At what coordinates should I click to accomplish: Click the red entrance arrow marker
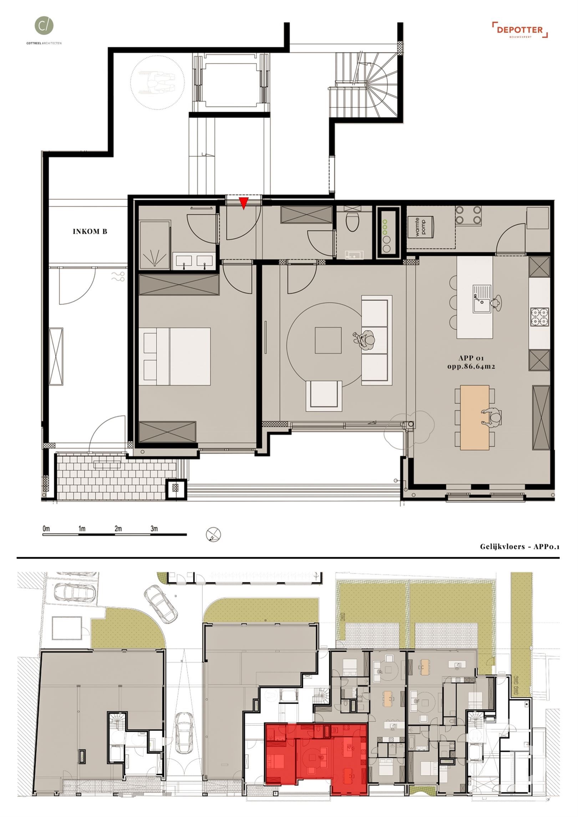pyautogui.click(x=243, y=203)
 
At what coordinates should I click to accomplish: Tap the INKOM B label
pyautogui.click(x=90, y=232)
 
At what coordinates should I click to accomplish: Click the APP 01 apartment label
pyautogui.click(x=471, y=358)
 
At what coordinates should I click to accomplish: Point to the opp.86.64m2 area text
pyautogui.click(x=471, y=366)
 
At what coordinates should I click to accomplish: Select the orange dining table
pyautogui.click(x=475, y=417)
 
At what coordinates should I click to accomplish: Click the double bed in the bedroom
pyautogui.click(x=178, y=356)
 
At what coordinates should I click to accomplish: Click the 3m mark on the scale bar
pyautogui.click(x=154, y=528)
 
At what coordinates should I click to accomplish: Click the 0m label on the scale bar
pyautogui.click(x=46, y=528)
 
